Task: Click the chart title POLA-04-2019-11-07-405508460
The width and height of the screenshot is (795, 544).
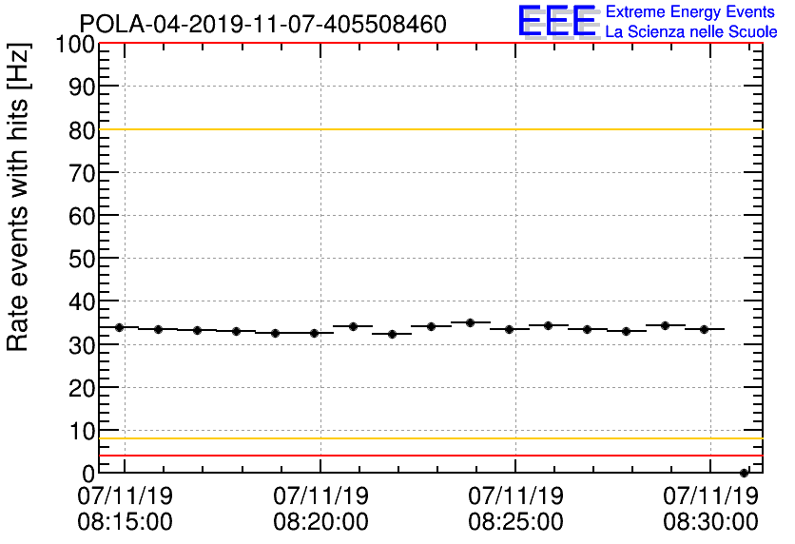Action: (262, 24)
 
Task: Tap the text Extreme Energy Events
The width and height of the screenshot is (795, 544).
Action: (691, 12)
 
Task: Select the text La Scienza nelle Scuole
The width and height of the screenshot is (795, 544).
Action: (691, 31)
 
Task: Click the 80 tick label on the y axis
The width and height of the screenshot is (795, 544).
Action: (83, 130)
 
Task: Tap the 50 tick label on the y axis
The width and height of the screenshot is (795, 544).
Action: (83, 259)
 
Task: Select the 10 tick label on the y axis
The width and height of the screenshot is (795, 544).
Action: (83, 431)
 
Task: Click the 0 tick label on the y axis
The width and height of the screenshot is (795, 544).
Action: (88, 473)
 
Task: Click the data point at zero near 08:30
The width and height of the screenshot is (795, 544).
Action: (744, 473)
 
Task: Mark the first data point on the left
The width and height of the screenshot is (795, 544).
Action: (120, 327)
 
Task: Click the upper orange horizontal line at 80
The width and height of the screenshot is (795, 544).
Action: (428, 129)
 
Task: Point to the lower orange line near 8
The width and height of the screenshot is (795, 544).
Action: (428, 438)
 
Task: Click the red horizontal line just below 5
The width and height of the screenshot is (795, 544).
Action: (428, 456)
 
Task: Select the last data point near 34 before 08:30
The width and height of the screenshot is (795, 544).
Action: (704, 329)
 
